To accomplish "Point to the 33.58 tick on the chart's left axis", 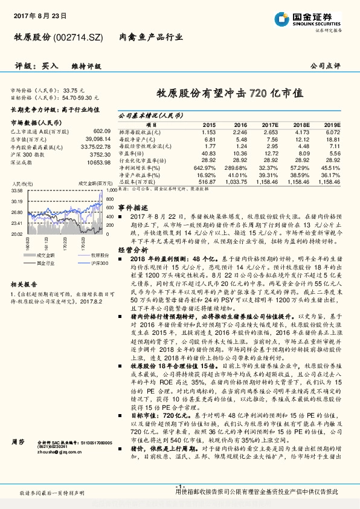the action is tap(17, 190).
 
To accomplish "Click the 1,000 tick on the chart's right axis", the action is tap(111, 190).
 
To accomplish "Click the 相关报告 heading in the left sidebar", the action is tap(24, 284).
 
